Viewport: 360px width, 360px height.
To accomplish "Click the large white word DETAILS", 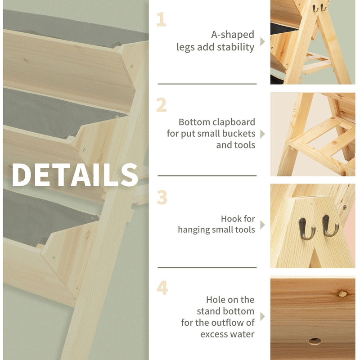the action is (75, 175).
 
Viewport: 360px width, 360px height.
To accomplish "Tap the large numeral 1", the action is (162, 19).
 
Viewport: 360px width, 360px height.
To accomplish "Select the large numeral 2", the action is (162, 105).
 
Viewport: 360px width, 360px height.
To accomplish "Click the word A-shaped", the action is (233, 35).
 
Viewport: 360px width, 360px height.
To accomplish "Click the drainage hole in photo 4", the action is (315, 342).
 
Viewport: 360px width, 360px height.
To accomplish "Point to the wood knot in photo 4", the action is (342, 294).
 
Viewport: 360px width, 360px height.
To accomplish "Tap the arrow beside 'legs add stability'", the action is (263, 41).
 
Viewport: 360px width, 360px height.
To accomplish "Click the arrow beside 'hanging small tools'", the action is (263, 225).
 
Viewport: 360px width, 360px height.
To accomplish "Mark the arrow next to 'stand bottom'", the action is (263, 317).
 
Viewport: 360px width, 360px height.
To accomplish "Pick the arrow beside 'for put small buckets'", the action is (263, 134).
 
